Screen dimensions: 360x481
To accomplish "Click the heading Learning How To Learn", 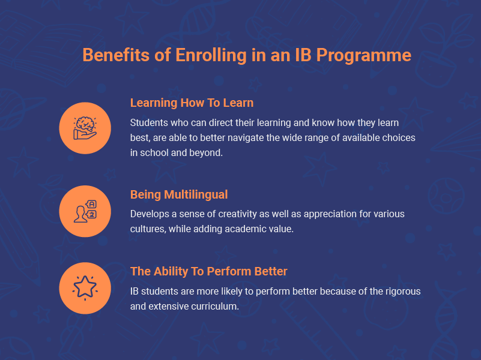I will pyautogui.click(x=192, y=103).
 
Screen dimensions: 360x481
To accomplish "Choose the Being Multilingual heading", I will pyautogui.click(x=179, y=195).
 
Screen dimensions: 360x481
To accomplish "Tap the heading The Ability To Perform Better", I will pyautogui.click(x=209, y=271).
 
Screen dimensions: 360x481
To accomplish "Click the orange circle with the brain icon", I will pyautogui.click(x=85, y=128).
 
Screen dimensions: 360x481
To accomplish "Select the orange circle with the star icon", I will pyautogui.click(x=85, y=288).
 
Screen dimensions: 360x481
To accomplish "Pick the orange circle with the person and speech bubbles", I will pyautogui.click(x=85, y=211).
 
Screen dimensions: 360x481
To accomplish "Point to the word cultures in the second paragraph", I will pyautogui.click(x=147, y=229).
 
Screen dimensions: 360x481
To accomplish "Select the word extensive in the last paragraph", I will pyautogui.click(x=169, y=306).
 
